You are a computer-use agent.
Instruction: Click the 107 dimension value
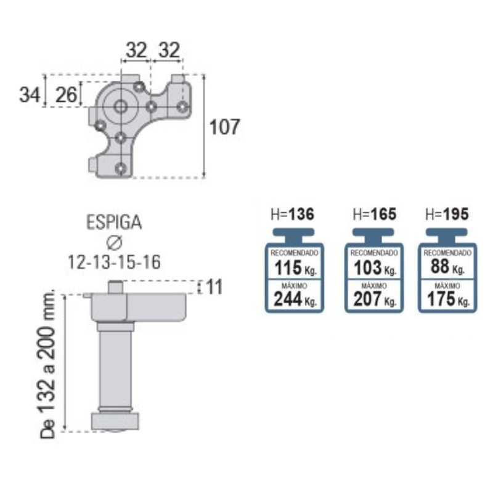click(x=224, y=127)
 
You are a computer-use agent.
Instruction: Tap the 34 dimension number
click(x=30, y=94)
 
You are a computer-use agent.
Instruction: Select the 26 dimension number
click(x=66, y=94)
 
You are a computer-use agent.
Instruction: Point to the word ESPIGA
click(x=114, y=222)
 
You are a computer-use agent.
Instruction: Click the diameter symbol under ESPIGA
click(x=114, y=242)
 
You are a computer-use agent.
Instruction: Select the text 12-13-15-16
click(x=114, y=263)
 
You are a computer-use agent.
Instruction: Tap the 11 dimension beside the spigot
click(x=214, y=287)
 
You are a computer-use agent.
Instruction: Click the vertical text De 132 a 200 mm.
click(x=47, y=364)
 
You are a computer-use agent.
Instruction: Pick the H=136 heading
click(x=292, y=214)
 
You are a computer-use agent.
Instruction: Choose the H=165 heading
click(x=375, y=214)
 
